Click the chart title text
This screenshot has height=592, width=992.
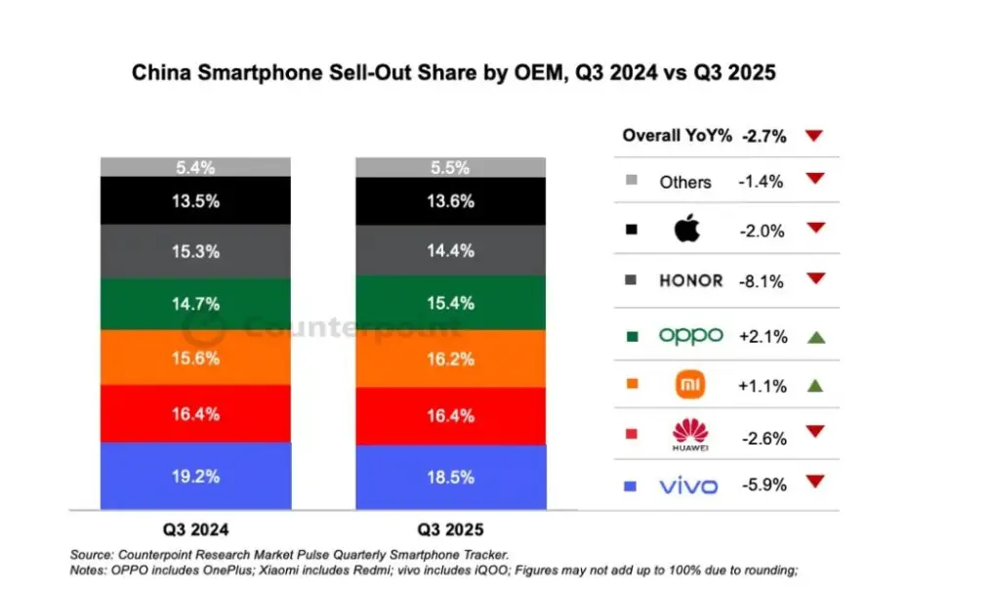454,74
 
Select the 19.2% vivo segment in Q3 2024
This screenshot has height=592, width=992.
195,477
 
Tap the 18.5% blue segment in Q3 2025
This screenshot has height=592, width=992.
450,478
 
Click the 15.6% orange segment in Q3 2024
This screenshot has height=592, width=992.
195,359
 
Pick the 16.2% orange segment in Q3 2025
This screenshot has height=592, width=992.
450,359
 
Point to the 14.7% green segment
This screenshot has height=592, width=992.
195,305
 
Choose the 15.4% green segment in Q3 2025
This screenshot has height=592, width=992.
450,303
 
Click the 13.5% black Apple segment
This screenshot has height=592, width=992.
195,201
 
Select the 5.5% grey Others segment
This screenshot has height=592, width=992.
450,167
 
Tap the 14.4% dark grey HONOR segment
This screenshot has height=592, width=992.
450,251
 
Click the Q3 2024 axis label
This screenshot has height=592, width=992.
196,529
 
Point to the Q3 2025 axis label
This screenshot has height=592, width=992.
450,529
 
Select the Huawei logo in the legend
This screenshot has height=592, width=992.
690,433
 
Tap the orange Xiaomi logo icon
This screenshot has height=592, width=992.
690,385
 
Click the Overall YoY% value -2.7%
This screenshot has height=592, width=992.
764,137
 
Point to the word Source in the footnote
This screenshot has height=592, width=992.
94,554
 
